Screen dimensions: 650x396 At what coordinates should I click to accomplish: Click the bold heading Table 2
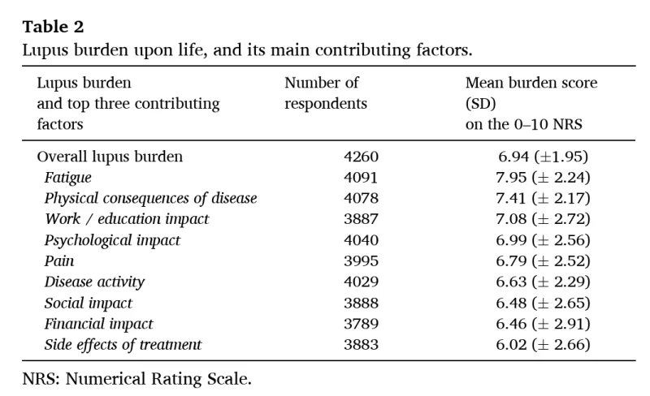pyautogui.click(x=53, y=27)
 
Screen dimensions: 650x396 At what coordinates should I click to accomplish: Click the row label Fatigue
pyautogui.click(x=67, y=178)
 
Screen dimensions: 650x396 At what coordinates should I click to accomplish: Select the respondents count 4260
pyautogui.click(x=361, y=157)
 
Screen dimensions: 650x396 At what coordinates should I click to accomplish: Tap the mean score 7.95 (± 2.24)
pyautogui.click(x=543, y=178)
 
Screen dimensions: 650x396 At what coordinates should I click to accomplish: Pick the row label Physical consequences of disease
pyautogui.click(x=150, y=199)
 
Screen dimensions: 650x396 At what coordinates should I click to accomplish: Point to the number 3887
pyautogui.click(x=361, y=219)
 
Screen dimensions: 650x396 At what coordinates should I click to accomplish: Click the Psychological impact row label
pyautogui.click(x=112, y=240)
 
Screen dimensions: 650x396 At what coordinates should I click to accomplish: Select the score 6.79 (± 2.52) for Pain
pyautogui.click(x=543, y=261)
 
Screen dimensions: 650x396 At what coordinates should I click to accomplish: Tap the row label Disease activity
pyautogui.click(x=94, y=282)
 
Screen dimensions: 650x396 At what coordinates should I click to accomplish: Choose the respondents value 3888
pyautogui.click(x=361, y=303)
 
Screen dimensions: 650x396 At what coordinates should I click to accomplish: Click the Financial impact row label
pyautogui.click(x=98, y=324)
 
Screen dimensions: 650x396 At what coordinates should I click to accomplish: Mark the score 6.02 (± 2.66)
pyautogui.click(x=543, y=345)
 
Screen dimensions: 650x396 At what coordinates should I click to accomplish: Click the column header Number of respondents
pyautogui.click(x=326, y=93)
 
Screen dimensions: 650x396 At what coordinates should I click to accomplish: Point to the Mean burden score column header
pyautogui.click(x=531, y=104)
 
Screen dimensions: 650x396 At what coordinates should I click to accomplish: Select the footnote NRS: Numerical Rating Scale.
pyautogui.click(x=137, y=379)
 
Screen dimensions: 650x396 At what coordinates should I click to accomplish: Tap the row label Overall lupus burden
pyautogui.click(x=110, y=157)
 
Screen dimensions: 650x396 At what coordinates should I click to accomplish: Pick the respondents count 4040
pyautogui.click(x=361, y=240)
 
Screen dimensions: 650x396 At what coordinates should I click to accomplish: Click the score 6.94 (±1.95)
pyautogui.click(x=543, y=157)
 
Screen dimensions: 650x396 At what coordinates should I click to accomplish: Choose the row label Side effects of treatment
pyautogui.click(x=123, y=345)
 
